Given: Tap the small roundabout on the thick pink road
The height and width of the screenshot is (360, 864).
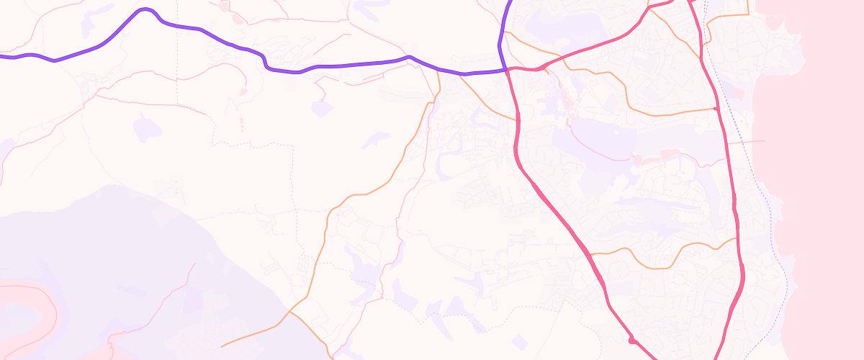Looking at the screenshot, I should (x=631, y=340).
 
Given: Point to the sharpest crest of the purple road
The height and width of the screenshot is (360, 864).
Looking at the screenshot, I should (x=146, y=10).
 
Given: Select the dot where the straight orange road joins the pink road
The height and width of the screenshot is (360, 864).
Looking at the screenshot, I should (x=715, y=109).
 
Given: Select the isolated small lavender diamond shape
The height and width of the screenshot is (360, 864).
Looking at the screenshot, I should (x=518, y=341).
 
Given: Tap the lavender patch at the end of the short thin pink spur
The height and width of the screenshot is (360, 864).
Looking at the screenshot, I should (x=321, y=109).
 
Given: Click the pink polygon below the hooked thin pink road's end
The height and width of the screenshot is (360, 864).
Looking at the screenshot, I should (x=243, y=92).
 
